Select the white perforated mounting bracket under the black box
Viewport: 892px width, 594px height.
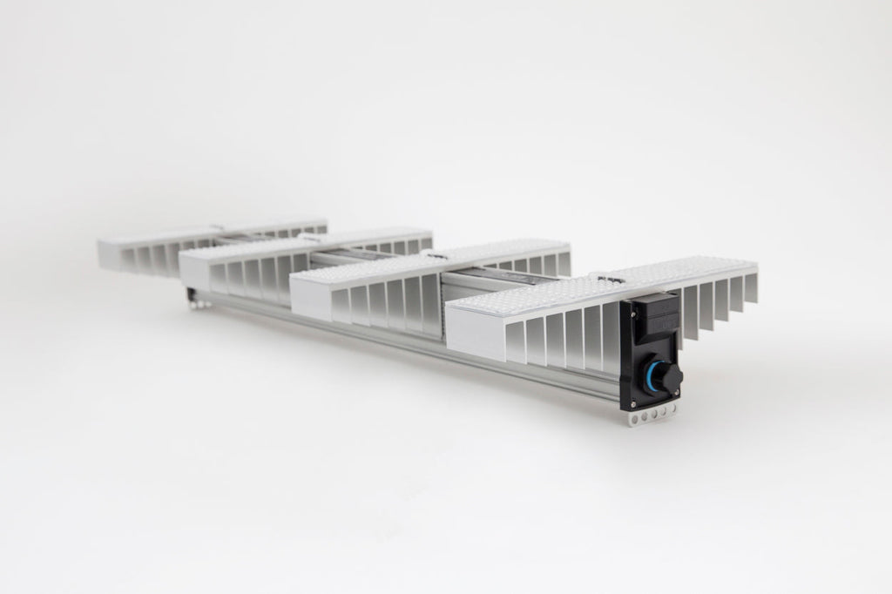click(x=651, y=417)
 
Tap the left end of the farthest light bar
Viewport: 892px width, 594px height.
click(x=111, y=253)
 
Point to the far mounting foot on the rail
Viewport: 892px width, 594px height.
click(x=197, y=300)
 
